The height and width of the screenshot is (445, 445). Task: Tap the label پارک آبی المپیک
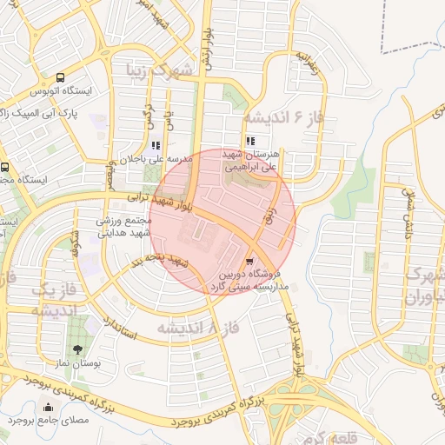point(39,113)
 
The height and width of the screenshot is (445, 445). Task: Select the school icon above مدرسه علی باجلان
point(156,146)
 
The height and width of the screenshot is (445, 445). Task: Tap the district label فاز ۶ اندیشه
point(282,116)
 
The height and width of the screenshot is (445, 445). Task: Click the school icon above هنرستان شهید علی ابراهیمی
point(250,141)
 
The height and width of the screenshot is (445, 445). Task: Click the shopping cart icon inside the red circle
point(250,261)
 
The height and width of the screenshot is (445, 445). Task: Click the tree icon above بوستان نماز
point(77,349)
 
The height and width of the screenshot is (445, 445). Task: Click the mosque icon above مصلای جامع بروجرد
point(46,406)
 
